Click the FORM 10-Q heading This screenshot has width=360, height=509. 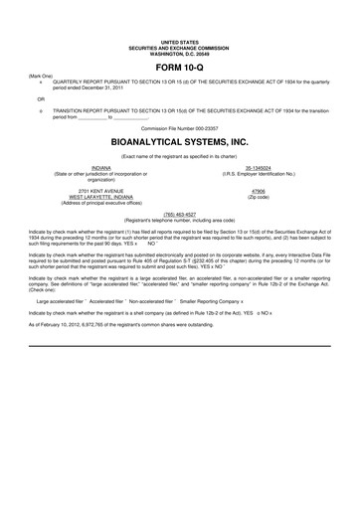pyautogui.click(x=180, y=69)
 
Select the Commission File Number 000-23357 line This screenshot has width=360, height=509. pyautogui.click(x=180, y=128)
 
